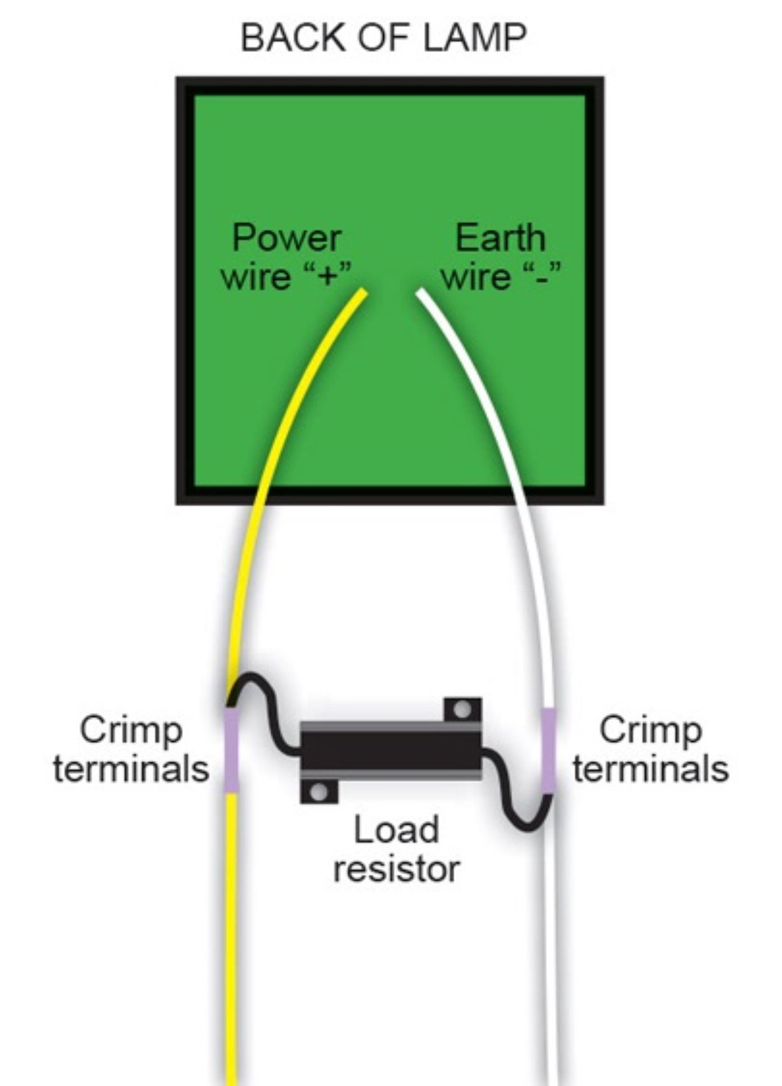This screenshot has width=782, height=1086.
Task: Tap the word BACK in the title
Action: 293,38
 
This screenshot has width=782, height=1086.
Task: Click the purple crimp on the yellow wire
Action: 232,749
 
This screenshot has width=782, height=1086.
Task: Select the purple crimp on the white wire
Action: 548,749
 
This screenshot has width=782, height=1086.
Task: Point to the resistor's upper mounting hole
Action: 462,709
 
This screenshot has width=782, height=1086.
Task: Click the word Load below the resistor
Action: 396,830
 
